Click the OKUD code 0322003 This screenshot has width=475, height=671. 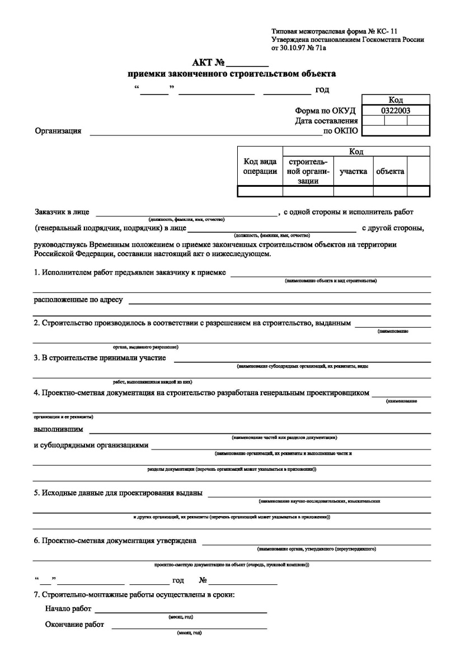[x=396, y=111]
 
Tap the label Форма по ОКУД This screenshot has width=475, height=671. [x=326, y=111]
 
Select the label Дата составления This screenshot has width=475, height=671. [x=326, y=121]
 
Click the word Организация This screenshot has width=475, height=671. [x=58, y=131]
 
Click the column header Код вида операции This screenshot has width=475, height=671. [x=260, y=167]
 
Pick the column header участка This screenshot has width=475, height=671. [x=353, y=172]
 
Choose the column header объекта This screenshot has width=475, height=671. [x=390, y=172]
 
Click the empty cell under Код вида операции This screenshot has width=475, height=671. [x=260, y=191]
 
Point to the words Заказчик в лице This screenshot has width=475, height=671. [x=62, y=212]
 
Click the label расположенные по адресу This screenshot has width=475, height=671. [x=78, y=300]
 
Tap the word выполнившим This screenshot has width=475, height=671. [x=59, y=429]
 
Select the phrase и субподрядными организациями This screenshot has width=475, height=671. [x=91, y=445]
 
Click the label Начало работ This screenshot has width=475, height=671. [x=68, y=608]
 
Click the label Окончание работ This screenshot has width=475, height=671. [x=74, y=625]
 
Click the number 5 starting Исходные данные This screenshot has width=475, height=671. [x=36, y=493]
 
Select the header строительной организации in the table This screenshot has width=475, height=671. [x=308, y=171]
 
